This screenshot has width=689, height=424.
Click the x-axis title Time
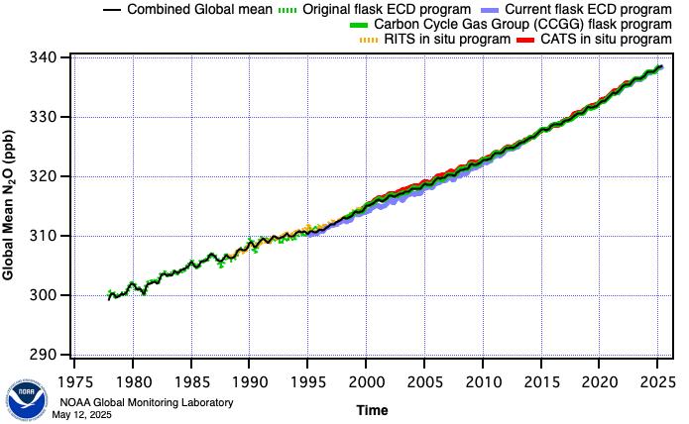[372, 409]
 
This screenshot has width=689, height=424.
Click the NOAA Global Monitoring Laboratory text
[146, 402]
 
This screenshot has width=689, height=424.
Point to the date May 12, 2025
[85, 414]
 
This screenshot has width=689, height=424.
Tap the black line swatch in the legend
[110, 9]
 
